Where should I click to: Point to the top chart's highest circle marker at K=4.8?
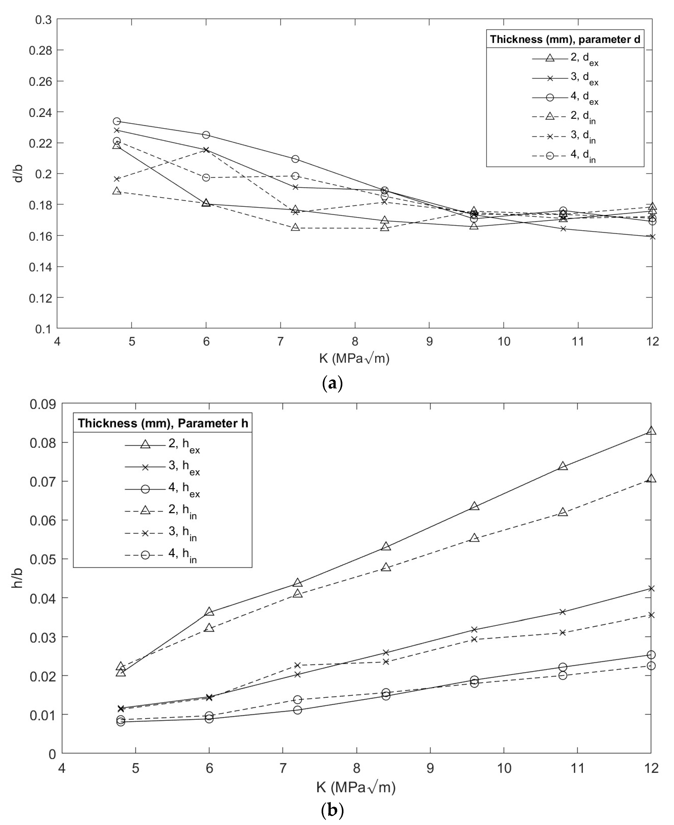click(x=116, y=121)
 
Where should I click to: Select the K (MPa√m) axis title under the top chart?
click(x=354, y=358)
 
